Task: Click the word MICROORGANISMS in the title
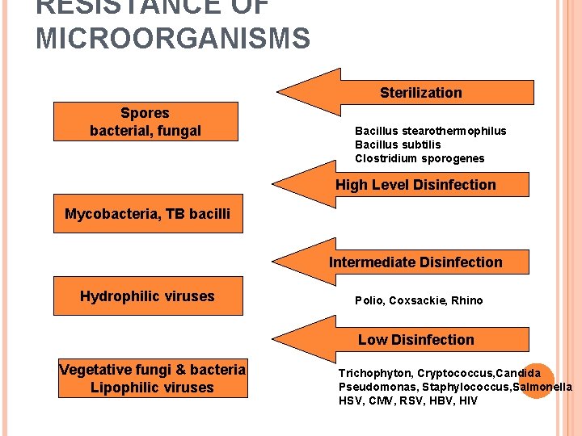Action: tap(172, 38)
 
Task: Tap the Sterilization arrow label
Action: tap(420, 92)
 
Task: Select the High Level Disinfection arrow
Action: tap(415, 185)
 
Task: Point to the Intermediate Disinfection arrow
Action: tap(415, 262)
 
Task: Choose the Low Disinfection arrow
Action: tap(415, 340)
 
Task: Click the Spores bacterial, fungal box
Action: tap(145, 121)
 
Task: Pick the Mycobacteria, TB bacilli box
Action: tap(148, 214)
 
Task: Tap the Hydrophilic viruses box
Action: tap(147, 296)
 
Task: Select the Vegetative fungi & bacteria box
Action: tap(153, 379)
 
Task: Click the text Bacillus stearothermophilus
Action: tap(430, 131)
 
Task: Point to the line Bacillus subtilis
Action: tap(398, 145)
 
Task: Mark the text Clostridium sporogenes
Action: tap(420, 158)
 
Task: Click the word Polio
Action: tap(369, 300)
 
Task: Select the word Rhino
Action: tap(467, 300)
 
